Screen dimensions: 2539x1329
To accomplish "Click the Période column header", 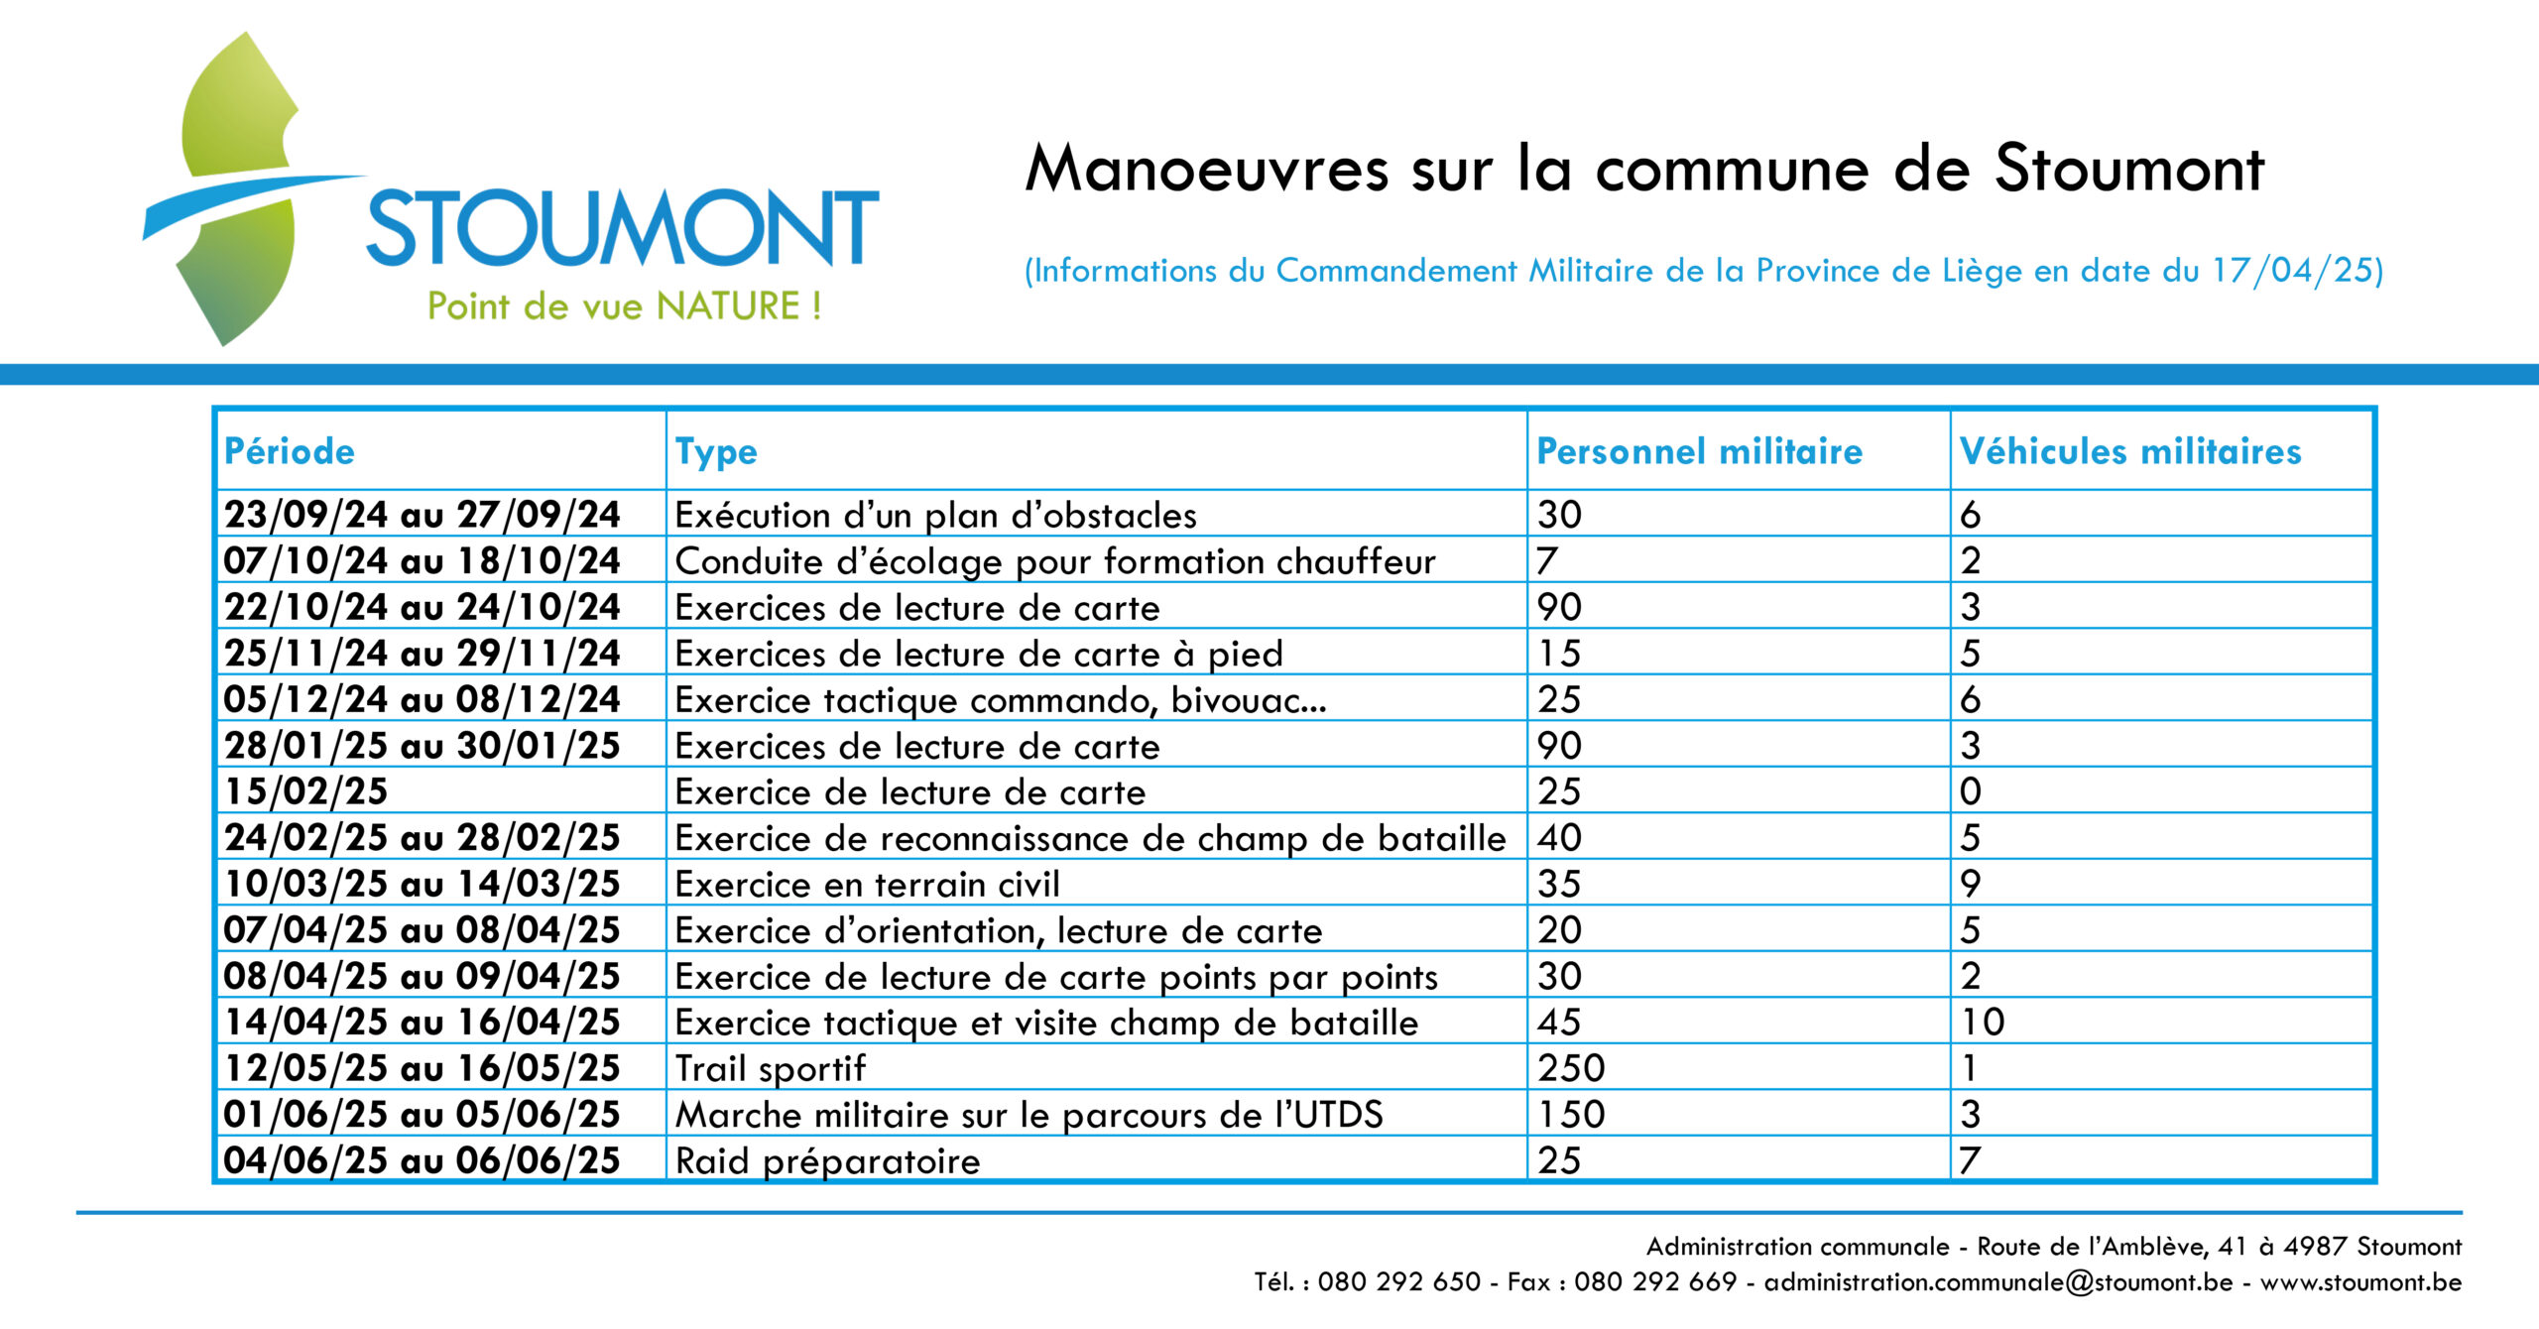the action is click(x=290, y=451).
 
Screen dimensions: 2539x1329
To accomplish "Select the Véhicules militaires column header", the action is click(x=2130, y=451).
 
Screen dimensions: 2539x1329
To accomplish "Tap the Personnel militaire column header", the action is click(x=1700, y=451).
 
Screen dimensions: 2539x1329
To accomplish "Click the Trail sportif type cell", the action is click(x=771, y=1068).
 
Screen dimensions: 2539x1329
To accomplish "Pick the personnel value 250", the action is click(x=1571, y=1068).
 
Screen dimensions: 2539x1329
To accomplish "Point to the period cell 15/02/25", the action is click(x=305, y=791).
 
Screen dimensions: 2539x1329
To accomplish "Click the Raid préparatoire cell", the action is click(x=828, y=1160).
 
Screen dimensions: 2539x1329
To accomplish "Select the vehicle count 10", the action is click(x=1983, y=1022).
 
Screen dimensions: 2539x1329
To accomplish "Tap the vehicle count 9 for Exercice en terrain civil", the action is click(x=1971, y=884).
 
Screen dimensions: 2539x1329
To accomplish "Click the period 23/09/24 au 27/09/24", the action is click(x=423, y=515).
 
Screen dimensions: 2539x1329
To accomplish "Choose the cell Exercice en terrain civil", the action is click(x=868, y=884).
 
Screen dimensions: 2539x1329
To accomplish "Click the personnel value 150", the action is click(x=1571, y=1114).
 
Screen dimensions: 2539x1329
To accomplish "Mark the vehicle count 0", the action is click(x=1971, y=791).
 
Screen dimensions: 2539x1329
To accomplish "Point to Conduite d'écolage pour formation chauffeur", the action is click(x=1055, y=561).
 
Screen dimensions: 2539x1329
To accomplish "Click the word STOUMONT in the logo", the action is click(x=623, y=227).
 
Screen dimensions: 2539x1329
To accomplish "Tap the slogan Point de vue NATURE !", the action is click(x=624, y=305).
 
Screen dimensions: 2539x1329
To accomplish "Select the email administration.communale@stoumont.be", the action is click(x=1998, y=1281).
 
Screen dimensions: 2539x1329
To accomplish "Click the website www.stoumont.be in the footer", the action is click(x=2361, y=1281).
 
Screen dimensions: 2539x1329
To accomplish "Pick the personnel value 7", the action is click(x=1547, y=561).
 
